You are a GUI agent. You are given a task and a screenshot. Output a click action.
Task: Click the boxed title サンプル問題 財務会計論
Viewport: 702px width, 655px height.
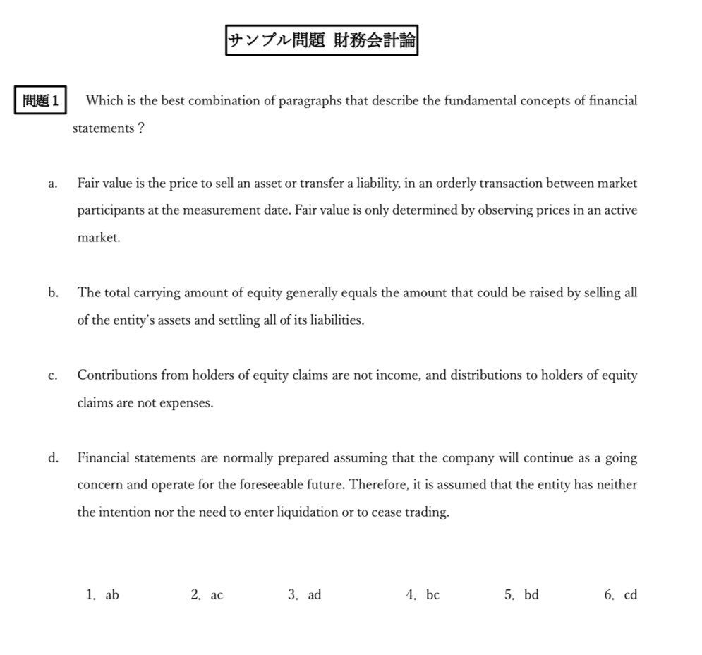click(x=322, y=40)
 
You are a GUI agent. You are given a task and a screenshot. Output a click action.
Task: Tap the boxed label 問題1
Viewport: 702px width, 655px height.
click(x=41, y=101)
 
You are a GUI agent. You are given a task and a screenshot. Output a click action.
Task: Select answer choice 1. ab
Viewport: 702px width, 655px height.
click(x=102, y=595)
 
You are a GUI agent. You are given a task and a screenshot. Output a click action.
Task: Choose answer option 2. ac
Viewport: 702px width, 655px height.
click(x=207, y=595)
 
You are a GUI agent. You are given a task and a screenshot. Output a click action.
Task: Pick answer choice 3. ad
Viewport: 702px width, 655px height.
click(x=304, y=595)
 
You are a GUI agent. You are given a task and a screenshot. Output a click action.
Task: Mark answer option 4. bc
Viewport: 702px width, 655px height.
click(x=423, y=595)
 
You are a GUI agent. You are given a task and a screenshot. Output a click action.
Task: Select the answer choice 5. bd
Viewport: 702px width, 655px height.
click(x=521, y=595)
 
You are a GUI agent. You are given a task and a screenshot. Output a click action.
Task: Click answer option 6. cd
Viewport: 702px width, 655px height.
click(x=620, y=595)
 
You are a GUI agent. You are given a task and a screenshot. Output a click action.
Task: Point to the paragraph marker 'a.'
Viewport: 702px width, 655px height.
click(x=53, y=184)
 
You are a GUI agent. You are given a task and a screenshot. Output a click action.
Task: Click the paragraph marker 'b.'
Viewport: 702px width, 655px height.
click(x=54, y=293)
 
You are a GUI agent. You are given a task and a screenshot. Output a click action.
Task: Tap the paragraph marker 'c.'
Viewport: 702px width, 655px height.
click(x=53, y=376)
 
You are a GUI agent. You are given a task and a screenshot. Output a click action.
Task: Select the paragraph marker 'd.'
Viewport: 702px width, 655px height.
click(x=54, y=458)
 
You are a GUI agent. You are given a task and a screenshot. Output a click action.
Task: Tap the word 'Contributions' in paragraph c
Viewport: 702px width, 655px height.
click(x=117, y=375)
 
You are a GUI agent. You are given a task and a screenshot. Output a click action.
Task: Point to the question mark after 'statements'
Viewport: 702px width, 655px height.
click(x=141, y=128)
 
